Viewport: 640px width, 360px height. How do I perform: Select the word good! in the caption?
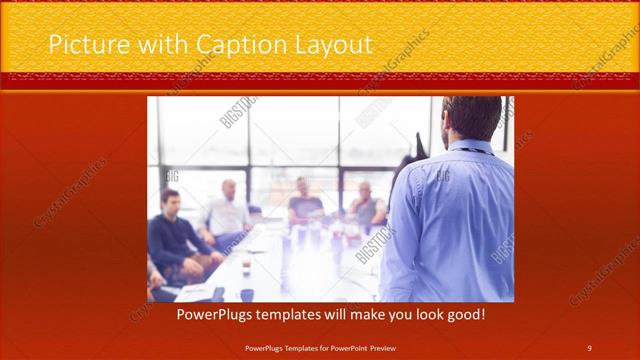click(464, 314)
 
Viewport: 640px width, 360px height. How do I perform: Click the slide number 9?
click(589, 347)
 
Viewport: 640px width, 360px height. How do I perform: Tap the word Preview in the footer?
click(393, 347)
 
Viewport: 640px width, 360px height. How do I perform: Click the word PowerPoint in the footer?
click(355, 347)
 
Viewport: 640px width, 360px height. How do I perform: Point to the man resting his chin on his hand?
click(366, 206)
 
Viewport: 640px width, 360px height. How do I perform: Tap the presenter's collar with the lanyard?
click(470, 147)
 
